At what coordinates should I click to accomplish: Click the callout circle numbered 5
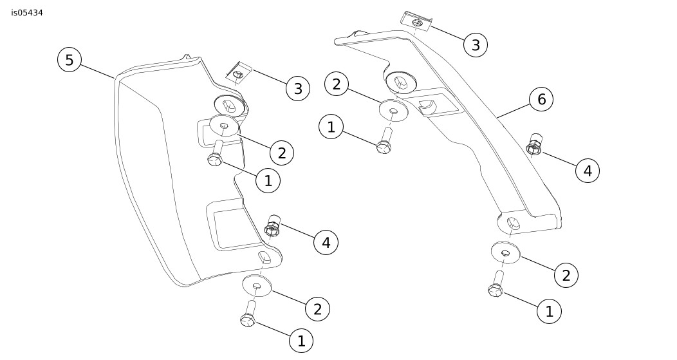[x=70, y=60]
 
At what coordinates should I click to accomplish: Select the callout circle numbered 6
[x=541, y=99]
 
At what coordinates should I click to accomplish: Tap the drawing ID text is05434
[x=27, y=12]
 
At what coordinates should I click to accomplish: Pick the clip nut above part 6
[x=416, y=21]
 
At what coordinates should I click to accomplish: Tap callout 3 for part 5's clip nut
[x=298, y=89]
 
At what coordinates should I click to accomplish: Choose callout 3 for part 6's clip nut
[x=476, y=45]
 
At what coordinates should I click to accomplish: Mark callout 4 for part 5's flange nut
[x=326, y=243]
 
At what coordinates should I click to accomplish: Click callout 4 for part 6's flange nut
[x=588, y=171]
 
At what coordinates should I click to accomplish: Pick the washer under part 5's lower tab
[x=257, y=284]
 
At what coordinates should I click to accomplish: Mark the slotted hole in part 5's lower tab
[x=264, y=258]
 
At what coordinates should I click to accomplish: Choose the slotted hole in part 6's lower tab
[x=513, y=223]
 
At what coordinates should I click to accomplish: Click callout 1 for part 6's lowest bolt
[x=549, y=312]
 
